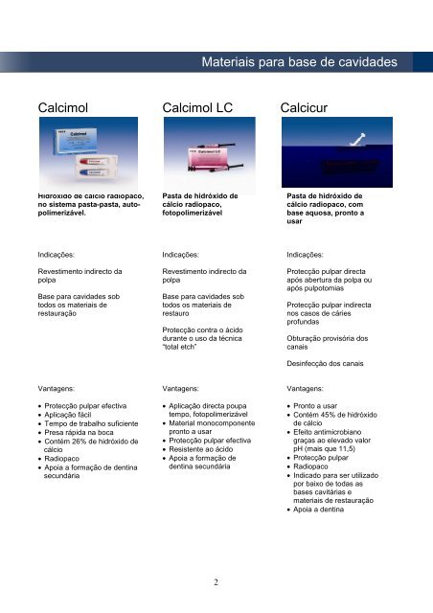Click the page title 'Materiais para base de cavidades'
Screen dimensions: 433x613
click(301, 63)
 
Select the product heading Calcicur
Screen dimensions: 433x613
click(309, 109)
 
